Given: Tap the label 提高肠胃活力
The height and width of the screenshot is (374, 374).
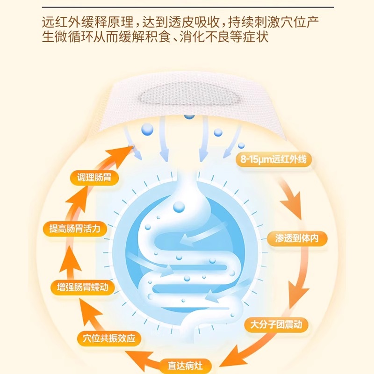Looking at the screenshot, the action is click(74, 229).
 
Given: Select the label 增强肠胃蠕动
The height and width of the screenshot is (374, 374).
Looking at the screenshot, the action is click(82, 287).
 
